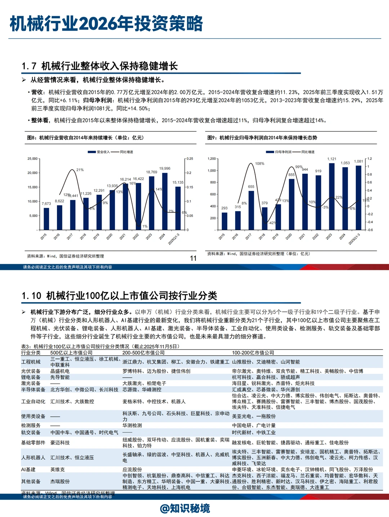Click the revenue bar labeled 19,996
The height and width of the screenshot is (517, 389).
point(165,201)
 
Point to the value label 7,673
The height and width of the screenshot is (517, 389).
point(46,204)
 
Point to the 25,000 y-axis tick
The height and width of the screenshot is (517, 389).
point(32,159)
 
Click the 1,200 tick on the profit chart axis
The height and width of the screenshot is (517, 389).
point(211,159)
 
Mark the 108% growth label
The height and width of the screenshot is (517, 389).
point(260,164)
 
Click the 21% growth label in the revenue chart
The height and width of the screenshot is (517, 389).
point(80,170)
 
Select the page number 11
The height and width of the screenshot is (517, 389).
point(193,258)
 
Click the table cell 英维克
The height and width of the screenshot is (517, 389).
point(58,470)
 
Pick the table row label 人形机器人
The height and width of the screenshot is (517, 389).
point(33,458)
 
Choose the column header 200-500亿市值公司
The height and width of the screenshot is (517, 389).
point(143,353)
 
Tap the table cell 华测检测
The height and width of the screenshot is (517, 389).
point(132,425)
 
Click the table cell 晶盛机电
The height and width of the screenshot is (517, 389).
point(60,371)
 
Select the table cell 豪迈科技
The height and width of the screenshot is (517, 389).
point(60,443)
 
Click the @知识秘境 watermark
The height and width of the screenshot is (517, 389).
point(185,508)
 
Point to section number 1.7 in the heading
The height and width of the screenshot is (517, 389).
point(29,66)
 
